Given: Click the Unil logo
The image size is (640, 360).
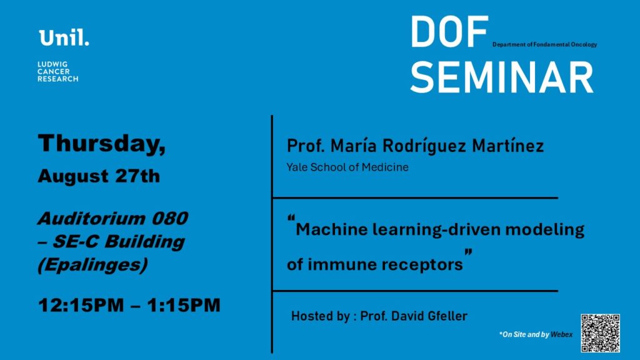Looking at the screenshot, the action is click(64, 37).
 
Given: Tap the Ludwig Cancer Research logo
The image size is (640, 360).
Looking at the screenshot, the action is click(58, 72).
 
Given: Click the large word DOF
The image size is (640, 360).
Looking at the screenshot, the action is click(449, 32).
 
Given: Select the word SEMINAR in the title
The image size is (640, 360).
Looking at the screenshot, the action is click(502, 77).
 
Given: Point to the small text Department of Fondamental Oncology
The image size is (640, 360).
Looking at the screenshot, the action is click(544, 44).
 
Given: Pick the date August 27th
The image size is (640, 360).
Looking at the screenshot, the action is click(99, 176).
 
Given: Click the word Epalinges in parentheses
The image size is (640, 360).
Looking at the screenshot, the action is click(92, 265).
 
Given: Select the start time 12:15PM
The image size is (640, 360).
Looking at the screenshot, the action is click(81, 305).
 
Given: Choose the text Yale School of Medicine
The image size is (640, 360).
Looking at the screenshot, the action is click(347, 167).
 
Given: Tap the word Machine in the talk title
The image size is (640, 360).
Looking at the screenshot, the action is click(331, 229).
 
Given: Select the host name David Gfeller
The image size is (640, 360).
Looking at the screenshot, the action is click(429, 316).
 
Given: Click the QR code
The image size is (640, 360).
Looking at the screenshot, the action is click(601, 333).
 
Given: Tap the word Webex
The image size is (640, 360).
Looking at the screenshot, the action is click(562, 334).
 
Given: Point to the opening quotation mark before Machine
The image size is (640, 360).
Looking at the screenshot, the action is click(291, 218).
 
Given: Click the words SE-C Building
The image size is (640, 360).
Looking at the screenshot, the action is click(118, 242).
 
